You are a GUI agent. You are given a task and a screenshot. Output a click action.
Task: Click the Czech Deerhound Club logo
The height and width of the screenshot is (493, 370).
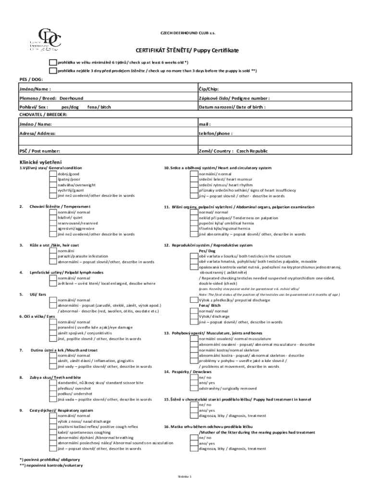pyautogui.click(x=45, y=40)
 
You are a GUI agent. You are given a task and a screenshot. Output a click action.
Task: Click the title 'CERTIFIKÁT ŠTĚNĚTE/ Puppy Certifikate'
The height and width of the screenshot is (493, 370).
pyautogui.click(x=187, y=51)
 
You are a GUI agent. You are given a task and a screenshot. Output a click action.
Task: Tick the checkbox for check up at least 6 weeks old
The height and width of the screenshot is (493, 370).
pyautogui.click(x=53, y=63)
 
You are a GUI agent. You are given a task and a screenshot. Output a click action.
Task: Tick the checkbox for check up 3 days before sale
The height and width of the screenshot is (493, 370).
pyautogui.click(x=53, y=70)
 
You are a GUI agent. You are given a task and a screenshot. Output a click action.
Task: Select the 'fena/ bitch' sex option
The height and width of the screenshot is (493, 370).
pyautogui.click(x=99, y=107)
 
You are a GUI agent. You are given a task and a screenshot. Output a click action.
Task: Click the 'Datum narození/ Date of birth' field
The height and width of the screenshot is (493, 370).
pyautogui.click(x=232, y=107)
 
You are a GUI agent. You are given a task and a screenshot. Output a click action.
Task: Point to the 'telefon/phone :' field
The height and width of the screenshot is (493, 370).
pyautogui.click(x=216, y=133)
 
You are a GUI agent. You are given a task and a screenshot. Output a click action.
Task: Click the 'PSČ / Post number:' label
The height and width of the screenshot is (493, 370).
pyautogui.click(x=39, y=151)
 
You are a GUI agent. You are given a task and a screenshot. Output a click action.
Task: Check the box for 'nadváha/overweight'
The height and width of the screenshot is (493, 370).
pyautogui.click(x=53, y=185)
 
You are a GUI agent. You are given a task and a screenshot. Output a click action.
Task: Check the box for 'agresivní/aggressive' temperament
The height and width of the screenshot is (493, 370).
pyautogui.click(x=53, y=229)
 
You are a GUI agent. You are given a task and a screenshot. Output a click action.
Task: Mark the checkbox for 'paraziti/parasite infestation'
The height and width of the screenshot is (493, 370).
pyautogui.click(x=53, y=257)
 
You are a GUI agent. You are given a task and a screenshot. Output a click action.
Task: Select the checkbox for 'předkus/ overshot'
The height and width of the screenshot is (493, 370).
pyautogui.click(x=53, y=388)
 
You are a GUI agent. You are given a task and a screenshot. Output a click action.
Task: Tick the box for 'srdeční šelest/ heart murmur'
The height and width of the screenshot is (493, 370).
pyautogui.click(x=195, y=179)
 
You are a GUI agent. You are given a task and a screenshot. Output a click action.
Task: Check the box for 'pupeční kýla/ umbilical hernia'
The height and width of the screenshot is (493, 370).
pyautogui.click(x=195, y=223)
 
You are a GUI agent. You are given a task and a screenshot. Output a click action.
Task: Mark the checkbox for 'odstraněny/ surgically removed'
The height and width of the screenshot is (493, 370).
pyautogui.click(x=195, y=388)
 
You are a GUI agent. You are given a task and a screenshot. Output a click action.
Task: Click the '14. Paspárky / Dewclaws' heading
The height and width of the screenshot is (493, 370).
pyautogui.click(x=188, y=372)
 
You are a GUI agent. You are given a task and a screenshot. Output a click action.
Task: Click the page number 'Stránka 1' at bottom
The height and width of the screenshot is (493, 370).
pyautogui.click(x=185, y=476)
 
